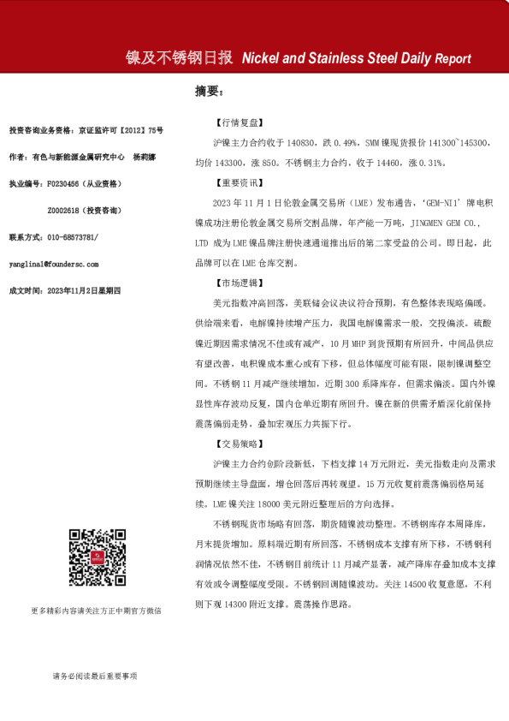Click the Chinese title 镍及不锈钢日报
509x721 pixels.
coord(180,58)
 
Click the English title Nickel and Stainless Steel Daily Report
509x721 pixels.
coord(357,59)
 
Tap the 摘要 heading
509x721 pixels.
coord(208,91)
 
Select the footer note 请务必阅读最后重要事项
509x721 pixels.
coord(95,676)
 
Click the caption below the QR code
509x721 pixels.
coord(95,611)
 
